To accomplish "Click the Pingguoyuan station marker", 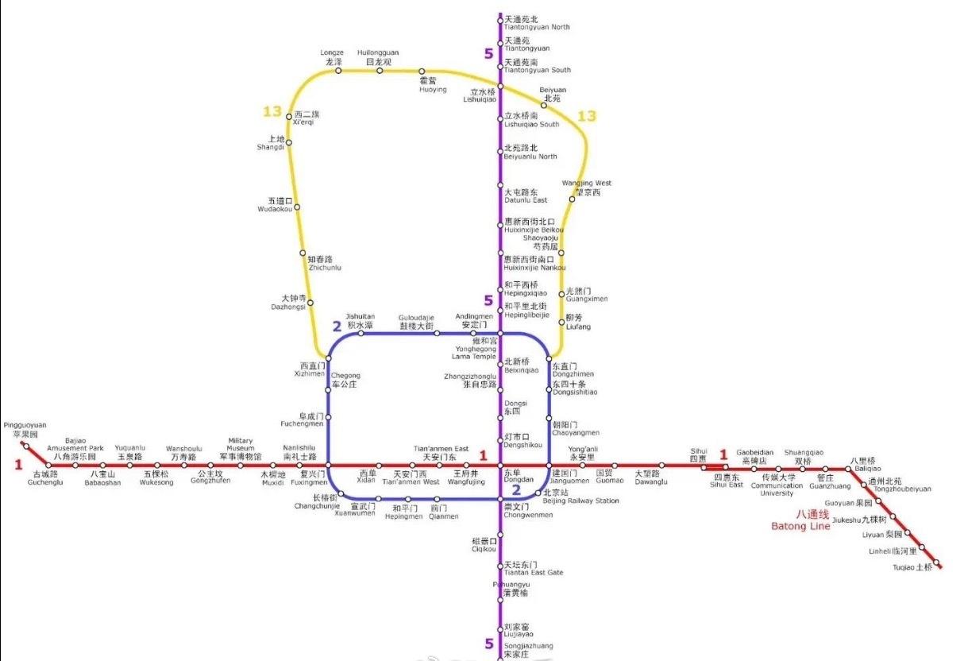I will tap(25, 446).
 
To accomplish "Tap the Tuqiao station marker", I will tap(937, 564).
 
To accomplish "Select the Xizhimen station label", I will tap(309, 369).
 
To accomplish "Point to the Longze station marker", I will tap(338, 70).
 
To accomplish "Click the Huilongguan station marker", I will tap(380, 70).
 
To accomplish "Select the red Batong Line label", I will tap(800, 520).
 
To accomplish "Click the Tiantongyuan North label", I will tap(537, 22).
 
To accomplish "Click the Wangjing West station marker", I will tap(572, 199).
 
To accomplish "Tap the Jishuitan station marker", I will tap(361, 333).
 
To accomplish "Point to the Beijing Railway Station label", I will tap(581, 497).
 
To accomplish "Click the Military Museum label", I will tap(241, 449).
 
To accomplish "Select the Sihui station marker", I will tap(704, 466).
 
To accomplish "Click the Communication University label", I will tap(777, 485).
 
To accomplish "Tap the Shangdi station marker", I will tap(289, 143).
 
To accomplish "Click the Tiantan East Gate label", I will tap(533, 569).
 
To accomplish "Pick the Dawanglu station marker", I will tap(661, 466).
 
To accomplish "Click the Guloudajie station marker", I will tap(437, 333).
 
